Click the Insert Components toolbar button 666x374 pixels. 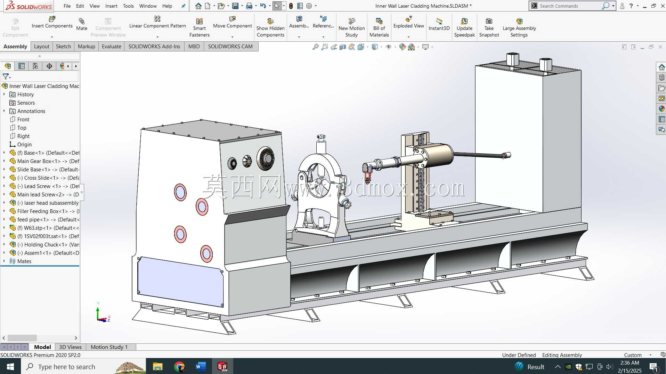[52, 26]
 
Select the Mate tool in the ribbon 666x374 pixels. [82, 24]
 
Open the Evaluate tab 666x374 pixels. [112, 47]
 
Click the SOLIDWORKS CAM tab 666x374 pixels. [230, 47]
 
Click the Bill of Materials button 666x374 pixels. [379, 27]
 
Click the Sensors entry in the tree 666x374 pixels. [26, 103]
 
